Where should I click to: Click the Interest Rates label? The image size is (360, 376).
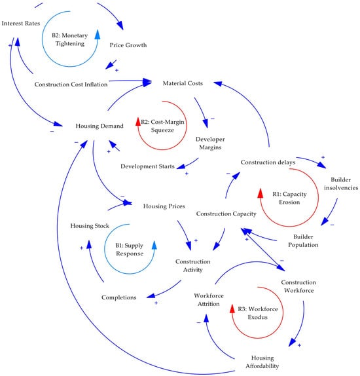pos(22,24)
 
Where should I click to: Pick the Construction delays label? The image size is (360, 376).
pos(268,162)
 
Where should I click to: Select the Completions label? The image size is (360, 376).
pos(119,297)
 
